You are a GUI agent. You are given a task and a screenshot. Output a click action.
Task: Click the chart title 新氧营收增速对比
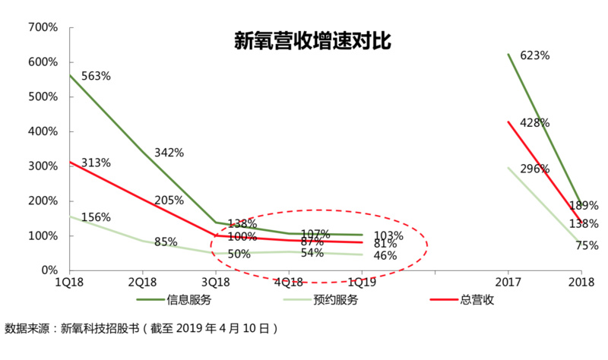[312, 41]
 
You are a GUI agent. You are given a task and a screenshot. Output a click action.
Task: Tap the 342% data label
[169, 153]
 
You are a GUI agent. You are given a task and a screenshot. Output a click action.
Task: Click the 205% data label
[169, 201]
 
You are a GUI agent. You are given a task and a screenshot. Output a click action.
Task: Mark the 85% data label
[166, 242]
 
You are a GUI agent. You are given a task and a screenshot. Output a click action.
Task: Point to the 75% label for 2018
[587, 246]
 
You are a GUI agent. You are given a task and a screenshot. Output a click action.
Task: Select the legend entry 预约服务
[337, 299]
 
